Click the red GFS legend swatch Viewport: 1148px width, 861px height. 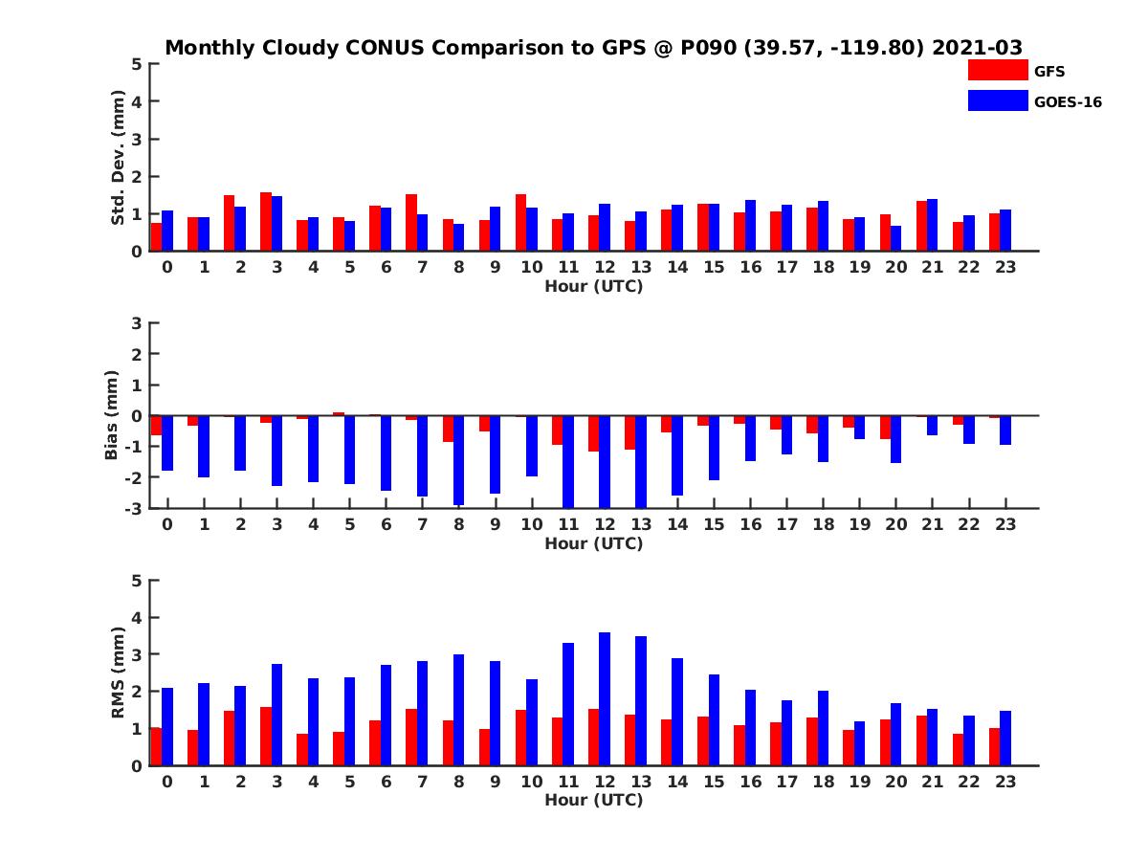coord(997,70)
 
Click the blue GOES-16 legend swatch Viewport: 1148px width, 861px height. coord(997,100)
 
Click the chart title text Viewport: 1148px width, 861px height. coord(594,47)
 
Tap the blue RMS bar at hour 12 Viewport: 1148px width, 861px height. coord(605,698)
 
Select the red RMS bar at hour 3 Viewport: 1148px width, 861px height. coord(266,736)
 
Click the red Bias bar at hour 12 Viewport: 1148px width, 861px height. coord(593,433)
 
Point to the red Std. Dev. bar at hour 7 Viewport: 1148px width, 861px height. coord(411,222)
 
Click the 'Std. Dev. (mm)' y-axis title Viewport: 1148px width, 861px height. coord(119,158)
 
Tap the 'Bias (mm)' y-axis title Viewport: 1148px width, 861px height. coord(113,415)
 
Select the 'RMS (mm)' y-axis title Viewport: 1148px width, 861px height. coord(119,673)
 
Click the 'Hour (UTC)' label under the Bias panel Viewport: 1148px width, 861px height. coord(594,544)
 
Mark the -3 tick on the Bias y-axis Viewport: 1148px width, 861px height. coord(135,508)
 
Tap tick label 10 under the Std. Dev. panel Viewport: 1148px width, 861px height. coord(531,267)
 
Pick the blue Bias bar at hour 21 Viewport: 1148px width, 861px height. coord(932,426)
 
